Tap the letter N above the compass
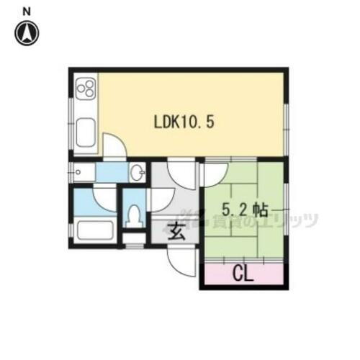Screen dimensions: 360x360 (x=27, y=11)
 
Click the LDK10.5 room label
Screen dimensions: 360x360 (x=183, y=122)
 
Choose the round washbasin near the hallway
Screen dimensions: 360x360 (x=137, y=172)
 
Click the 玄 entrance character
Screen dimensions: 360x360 (x=175, y=232)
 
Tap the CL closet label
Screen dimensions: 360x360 (x=243, y=274)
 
